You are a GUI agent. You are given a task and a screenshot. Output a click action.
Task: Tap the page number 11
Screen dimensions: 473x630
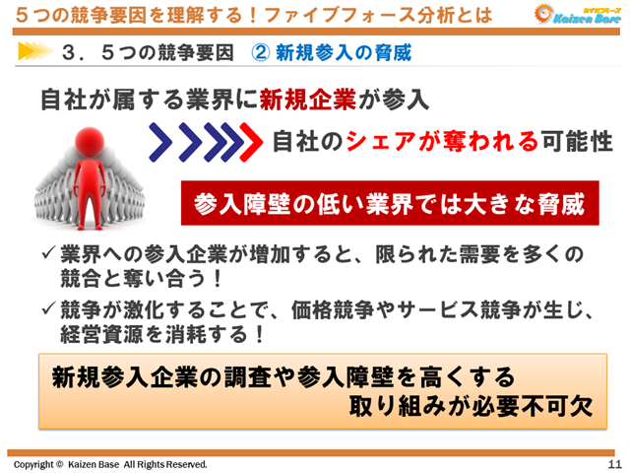coord(614,463)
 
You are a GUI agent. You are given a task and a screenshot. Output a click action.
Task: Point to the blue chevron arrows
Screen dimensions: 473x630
coord(196,142)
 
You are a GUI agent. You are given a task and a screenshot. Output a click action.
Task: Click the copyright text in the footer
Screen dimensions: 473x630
coord(109,463)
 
